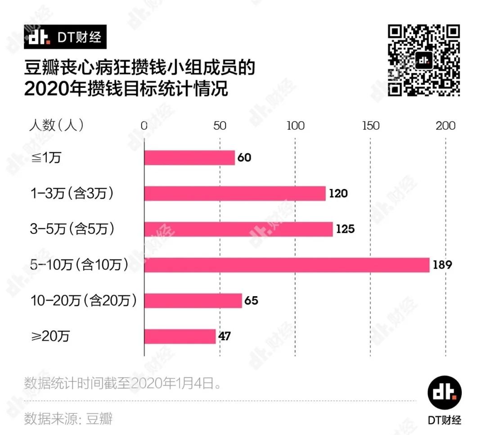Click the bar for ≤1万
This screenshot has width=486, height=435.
tap(189, 158)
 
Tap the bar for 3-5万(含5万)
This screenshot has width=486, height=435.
tap(238, 229)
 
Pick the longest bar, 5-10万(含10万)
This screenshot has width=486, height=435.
tap(287, 265)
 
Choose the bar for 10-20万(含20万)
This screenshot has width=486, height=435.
tap(193, 301)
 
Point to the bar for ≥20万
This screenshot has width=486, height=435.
tap(180, 336)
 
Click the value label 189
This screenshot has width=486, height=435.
tap(442, 265)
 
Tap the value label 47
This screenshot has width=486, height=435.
tap(225, 336)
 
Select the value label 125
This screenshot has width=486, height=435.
tap(345, 229)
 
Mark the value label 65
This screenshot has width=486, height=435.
tap(251, 301)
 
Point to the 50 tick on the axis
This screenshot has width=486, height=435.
tap(220, 126)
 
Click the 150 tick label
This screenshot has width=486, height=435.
tap(371, 126)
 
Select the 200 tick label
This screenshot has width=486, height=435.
tap(446, 126)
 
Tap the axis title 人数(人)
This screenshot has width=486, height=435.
tap(56, 125)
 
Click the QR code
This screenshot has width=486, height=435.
tap(424, 60)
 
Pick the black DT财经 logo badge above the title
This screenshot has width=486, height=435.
tap(65, 37)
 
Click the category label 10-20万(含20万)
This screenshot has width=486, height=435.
tap(83, 300)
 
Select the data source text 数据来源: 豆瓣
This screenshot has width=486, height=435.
tap(68, 418)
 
